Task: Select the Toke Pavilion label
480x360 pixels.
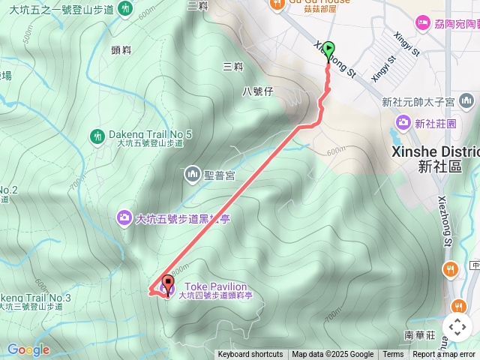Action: coord(215,286)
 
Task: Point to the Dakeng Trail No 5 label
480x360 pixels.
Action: coord(151,134)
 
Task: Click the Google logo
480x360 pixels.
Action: coord(28,349)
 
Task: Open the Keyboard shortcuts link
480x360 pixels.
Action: coord(250,355)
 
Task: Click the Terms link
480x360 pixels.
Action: coord(393,355)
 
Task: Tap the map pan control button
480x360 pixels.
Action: coord(457,327)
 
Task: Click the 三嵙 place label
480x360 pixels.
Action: coord(233,67)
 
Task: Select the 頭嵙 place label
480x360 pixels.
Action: coord(121,50)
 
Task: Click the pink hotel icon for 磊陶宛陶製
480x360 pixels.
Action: coord(423,23)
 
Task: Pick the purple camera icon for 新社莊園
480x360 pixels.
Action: coord(403,121)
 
